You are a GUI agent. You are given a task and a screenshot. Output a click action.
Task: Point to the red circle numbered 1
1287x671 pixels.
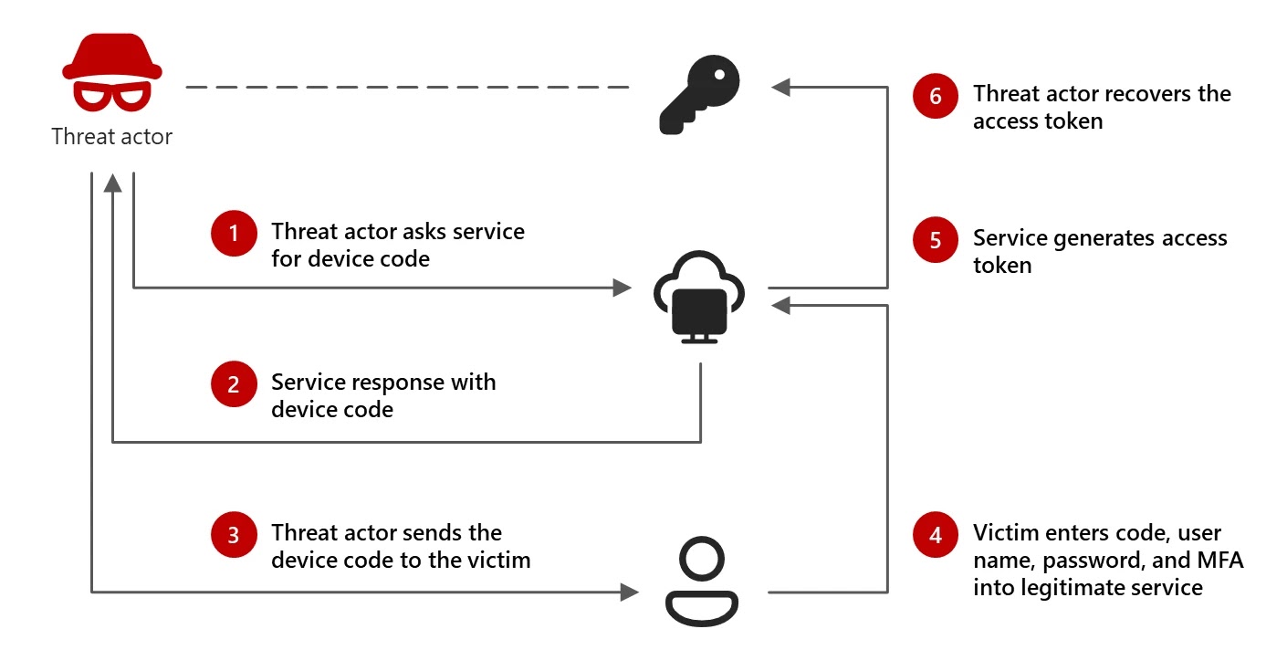(x=233, y=234)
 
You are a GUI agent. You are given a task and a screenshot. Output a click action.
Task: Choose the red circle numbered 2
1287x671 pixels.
(x=233, y=384)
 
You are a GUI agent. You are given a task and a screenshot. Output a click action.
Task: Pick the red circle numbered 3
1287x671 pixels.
(x=233, y=535)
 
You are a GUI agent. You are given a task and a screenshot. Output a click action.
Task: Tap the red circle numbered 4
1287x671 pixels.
(x=936, y=535)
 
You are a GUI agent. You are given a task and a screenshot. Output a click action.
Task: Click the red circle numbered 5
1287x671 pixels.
(x=936, y=241)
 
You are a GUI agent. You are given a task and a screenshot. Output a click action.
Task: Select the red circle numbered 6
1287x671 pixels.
(x=936, y=96)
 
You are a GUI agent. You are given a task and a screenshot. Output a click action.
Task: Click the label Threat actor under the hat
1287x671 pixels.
(x=111, y=138)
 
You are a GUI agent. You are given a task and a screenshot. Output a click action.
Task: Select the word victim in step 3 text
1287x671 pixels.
(x=499, y=560)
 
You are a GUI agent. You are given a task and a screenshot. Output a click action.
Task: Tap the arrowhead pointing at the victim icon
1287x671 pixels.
(x=629, y=592)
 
